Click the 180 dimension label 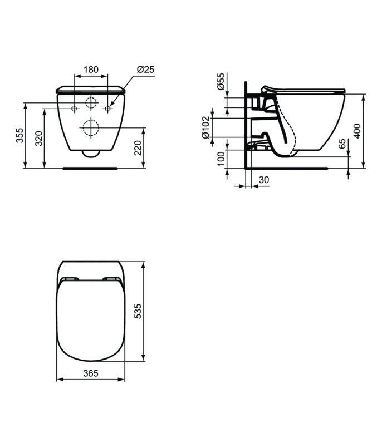(91, 70)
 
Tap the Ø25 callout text (145, 70)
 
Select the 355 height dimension (19, 135)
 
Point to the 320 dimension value (38, 138)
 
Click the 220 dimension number (138, 147)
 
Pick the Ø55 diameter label (221, 82)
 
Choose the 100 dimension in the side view (221, 159)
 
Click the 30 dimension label (264, 180)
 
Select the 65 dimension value (342, 144)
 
